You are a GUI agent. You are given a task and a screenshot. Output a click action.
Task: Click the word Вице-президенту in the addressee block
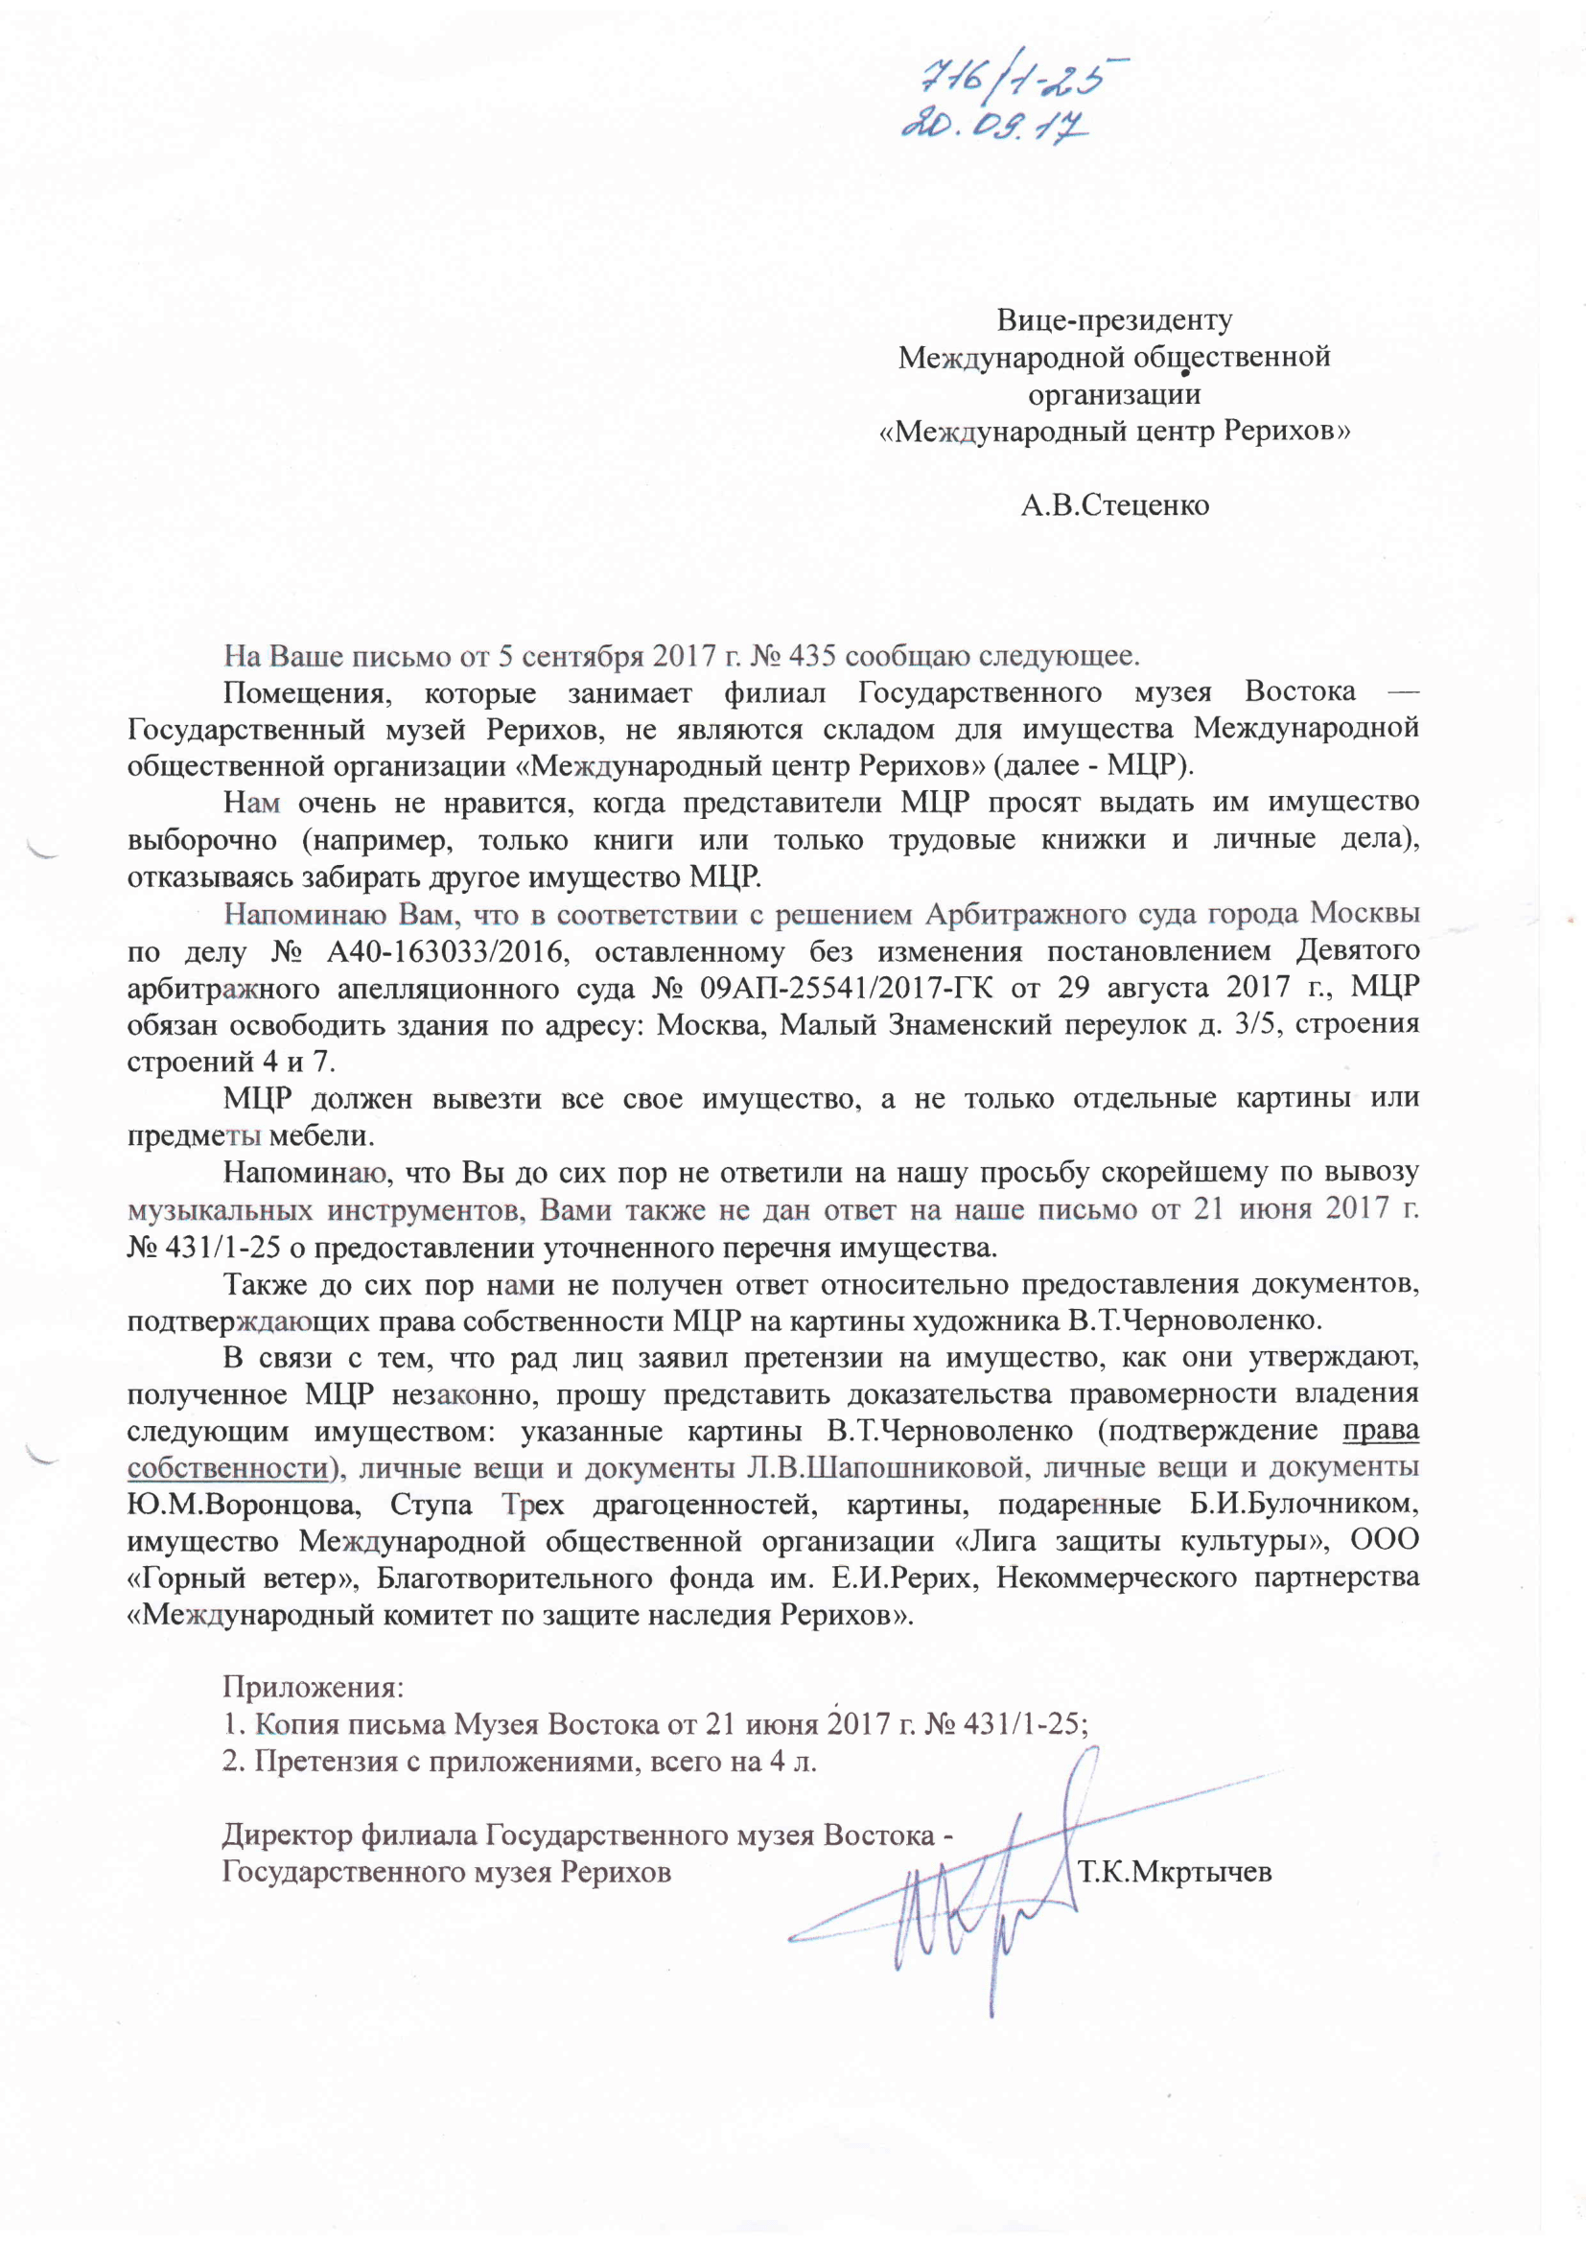(1113, 319)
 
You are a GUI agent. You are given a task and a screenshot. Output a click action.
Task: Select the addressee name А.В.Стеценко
(1114, 505)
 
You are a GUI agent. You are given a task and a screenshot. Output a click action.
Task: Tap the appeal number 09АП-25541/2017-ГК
(847, 988)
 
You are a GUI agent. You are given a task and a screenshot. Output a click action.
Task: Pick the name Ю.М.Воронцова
(244, 1504)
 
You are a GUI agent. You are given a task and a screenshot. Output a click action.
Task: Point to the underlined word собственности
(227, 1467)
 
